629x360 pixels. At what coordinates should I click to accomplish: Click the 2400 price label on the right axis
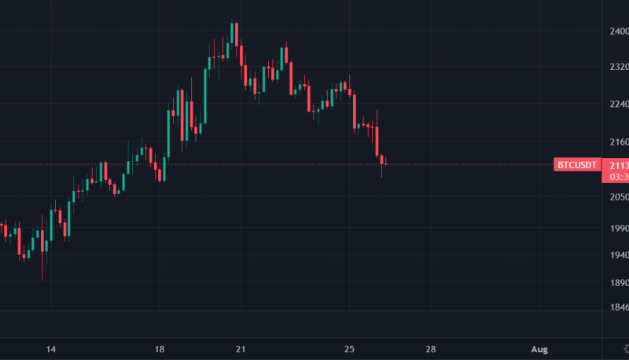click(618, 31)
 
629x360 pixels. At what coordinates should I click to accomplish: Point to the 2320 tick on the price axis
click(618, 68)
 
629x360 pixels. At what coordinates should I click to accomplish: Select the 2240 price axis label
click(618, 105)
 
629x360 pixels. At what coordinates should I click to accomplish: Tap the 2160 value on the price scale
click(618, 141)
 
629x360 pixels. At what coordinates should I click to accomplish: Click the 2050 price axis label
click(618, 197)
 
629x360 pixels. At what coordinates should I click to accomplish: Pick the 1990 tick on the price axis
click(618, 227)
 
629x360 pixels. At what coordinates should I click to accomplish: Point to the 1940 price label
click(618, 255)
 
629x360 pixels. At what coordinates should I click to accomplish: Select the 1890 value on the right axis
click(618, 283)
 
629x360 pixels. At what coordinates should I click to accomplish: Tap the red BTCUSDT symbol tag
click(576, 164)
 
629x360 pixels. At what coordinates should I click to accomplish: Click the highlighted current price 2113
click(618, 164)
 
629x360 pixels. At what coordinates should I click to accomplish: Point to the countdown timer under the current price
click(618, 177)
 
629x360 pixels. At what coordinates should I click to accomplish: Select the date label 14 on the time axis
click(51, 348)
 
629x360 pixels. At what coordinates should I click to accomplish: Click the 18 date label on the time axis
click(160, 348)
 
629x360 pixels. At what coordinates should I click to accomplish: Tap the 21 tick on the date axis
click(241, 348)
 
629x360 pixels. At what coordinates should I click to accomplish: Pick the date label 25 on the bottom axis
click(350, 348)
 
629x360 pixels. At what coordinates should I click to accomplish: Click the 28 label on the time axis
click(431, 348)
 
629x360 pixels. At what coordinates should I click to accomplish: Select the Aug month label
click(539, 348)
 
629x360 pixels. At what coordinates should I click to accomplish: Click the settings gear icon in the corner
click(618, 348)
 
